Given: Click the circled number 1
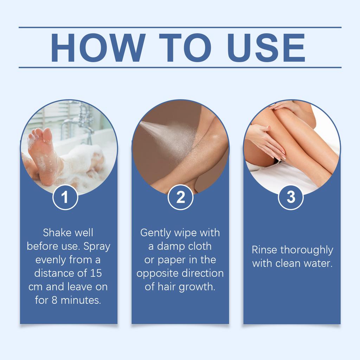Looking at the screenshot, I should (x=65, y=198).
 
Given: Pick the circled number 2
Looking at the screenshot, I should (x=180, y=198).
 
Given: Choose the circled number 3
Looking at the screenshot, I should (x=291, y=198).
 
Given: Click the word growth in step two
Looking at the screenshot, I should (x=197, y=287).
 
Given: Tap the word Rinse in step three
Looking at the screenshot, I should (x=265, y=250).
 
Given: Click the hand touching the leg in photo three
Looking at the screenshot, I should (x=267, y=141).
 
